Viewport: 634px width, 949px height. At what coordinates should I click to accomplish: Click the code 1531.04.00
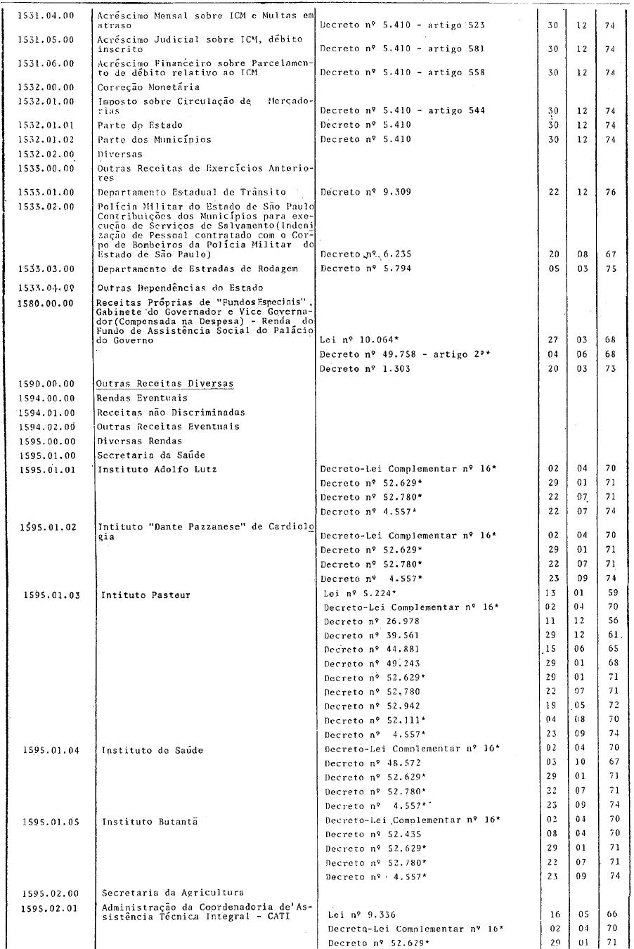pos(46,15)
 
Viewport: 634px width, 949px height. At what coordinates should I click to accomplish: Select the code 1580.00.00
pos(46,303)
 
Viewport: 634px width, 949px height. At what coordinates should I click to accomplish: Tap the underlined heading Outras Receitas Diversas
pos(165,384)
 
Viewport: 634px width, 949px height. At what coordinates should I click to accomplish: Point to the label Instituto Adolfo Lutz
pos(157,469)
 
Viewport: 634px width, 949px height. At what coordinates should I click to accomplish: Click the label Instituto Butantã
pos(150,821)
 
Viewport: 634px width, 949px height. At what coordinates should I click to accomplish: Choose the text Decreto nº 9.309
pos(365,192)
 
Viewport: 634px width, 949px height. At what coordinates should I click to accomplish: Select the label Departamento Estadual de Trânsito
pos(192,192)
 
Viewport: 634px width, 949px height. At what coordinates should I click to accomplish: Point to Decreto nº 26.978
pos(372,621)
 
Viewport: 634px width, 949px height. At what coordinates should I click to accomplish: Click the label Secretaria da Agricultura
pos(173,893)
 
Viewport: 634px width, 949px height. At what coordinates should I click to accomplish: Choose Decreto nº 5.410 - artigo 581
pos(402,49)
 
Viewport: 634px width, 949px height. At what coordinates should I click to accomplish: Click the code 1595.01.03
pos(51,595)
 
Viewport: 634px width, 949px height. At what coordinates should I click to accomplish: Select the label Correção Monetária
pos(148,87)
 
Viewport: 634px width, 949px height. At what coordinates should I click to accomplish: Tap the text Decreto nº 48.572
pos(372,763)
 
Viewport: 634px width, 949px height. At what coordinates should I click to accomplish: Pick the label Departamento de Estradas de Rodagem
pos(198,269)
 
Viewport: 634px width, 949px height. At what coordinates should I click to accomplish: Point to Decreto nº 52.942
pos(372,706)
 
